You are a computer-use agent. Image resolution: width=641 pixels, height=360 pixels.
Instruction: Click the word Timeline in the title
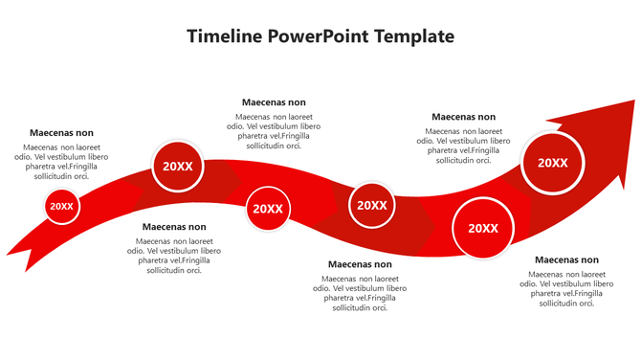(224, 36)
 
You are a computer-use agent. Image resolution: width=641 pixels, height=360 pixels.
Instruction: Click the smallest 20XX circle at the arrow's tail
(61, 206)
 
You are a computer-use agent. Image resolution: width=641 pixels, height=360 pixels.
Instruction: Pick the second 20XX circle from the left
(178, 166)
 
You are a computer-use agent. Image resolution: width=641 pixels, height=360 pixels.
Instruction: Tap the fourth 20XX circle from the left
(371, 205)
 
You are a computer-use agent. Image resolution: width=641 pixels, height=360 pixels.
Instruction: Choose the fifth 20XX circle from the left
(483, 228)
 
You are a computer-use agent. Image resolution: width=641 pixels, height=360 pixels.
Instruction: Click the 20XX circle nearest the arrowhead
(552, 163)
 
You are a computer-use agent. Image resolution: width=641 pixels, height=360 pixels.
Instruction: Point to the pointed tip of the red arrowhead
(633, 101)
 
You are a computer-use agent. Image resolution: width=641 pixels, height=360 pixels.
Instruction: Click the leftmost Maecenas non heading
(61, 133)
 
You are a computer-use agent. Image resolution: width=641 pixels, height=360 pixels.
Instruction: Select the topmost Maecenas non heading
(274, 102)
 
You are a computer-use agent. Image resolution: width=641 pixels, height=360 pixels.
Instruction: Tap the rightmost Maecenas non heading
(566, 259)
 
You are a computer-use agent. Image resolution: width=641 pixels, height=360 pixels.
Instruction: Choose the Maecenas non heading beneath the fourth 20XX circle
(360, 264)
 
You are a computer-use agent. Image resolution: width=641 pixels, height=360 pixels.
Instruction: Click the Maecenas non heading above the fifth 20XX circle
(463, 117)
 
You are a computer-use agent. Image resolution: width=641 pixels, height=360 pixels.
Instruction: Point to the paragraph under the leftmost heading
(61, 162)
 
